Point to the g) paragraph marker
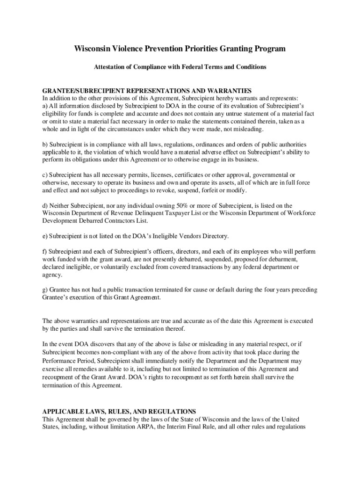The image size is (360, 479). [x=45, y=290]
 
